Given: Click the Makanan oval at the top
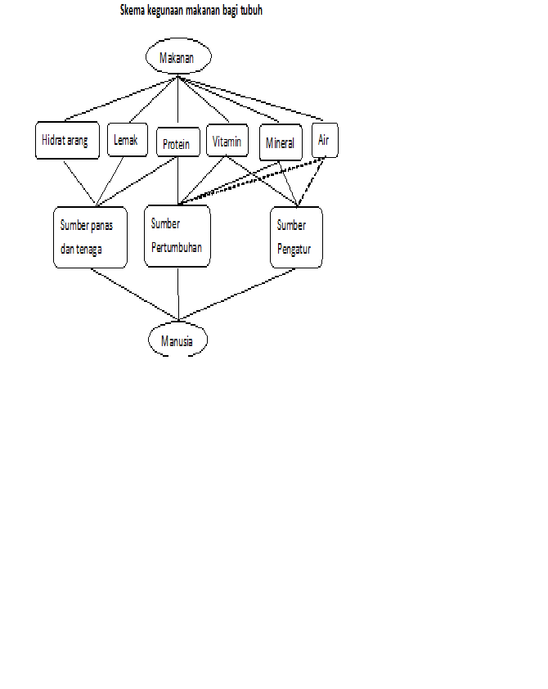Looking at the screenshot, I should [x=178, y=58].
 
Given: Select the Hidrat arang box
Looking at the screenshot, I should [x=65, y=141].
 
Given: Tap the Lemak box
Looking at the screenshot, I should [x=127, y=140].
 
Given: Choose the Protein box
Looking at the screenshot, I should [x=177, y=144].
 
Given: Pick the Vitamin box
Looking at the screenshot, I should [x=227, y=142].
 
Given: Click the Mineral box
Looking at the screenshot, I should [x=280, y=143].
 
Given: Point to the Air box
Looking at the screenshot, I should [x=324, y=140].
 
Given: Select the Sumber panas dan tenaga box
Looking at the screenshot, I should [x=90, y=236].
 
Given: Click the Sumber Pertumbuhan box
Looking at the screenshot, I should [x=177, y=236].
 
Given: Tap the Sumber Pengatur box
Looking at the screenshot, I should [x=295, y=236].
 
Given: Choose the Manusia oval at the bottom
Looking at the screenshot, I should [x=177, y=340].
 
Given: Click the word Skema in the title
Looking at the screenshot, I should [x=133, y=11].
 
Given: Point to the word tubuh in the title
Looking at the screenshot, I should [x=251, y=11].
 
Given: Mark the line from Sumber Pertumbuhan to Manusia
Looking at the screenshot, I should [x=177, y=293].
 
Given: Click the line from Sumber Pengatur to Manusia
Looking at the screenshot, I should [x=237, y=294].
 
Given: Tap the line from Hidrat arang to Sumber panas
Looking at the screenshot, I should [x=80, y=180].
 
